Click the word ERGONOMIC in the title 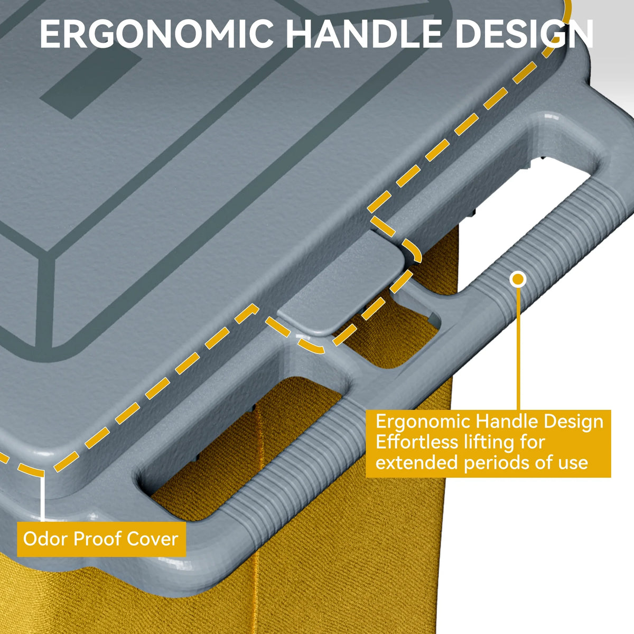pyautogui.click(x=156, y=34)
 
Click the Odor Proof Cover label pyautogui.click(x=101, y=539)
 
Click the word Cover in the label pyautogui.click(x=152, y=539)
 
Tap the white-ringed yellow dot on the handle pyautogui.click(x=518, y=279)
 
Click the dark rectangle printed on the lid pyautogui.click(x=91, y=83)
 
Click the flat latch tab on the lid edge pyautogui.click(x=342, y=283)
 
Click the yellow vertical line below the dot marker pyautogui.click(x=518, y=349)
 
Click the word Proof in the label pyautogui.click(x=96, y=539)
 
